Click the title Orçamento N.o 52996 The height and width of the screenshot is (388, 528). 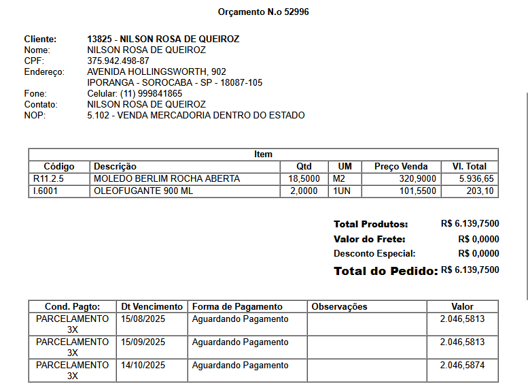coord(264,12)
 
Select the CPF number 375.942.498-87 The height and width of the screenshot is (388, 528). coord(118,61)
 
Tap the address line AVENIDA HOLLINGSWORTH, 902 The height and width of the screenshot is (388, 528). coord(157,71)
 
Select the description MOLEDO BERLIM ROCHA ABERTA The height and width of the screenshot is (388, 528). coord(166,178)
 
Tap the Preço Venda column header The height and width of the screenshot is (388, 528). coord(401,166)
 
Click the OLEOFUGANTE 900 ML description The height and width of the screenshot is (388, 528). coord(143,191)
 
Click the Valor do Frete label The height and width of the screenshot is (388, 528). coord(369,239)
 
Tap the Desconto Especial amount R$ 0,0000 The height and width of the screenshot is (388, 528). coord(478,254)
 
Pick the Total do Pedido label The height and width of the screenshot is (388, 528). coord(385,271)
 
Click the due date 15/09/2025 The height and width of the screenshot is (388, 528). coord(143,342)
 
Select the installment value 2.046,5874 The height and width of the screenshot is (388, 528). coord(462,366)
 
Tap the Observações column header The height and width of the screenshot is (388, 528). coord(339,306)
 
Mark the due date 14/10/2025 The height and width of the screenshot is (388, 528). coord(143,366)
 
